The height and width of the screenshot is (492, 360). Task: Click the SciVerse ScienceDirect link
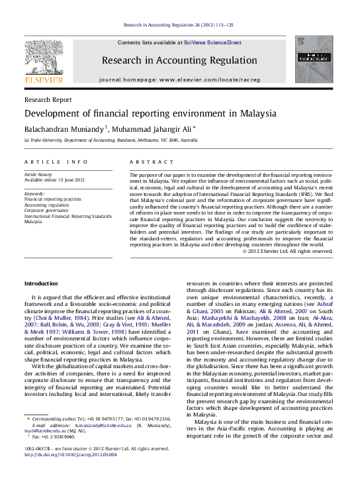point(212,42)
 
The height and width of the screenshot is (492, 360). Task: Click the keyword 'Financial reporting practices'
point(53,199)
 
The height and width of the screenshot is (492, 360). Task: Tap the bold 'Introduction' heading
point(41,283)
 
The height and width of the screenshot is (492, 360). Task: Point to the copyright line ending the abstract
point(287,251)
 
